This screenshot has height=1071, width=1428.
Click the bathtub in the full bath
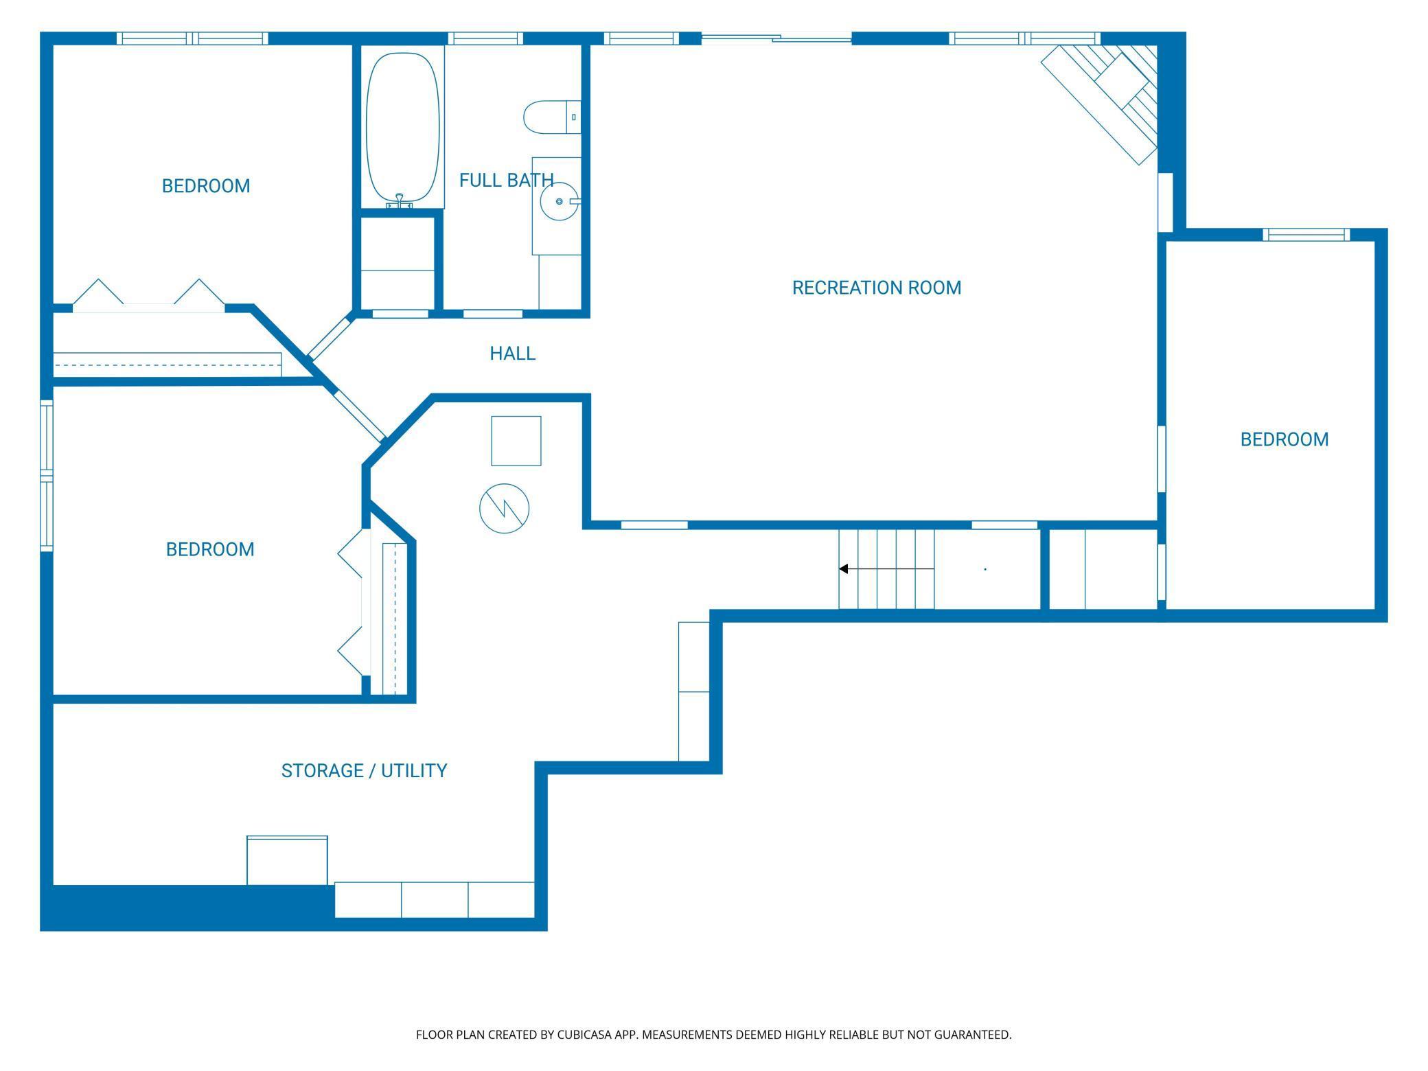402,126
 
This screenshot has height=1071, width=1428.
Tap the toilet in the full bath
552,117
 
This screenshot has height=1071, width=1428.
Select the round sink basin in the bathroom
559,201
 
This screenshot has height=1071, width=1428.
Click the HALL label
512,354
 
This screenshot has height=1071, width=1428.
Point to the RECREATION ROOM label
877,288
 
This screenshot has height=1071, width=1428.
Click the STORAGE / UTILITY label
364,771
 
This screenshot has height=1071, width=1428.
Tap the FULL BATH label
507,181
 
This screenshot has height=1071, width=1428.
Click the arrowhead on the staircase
844,569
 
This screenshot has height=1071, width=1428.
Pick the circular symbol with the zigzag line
505,509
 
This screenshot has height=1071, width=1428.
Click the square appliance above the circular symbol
516,441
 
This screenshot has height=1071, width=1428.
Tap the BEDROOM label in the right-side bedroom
1285,439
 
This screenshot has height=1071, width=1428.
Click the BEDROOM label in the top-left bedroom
206,186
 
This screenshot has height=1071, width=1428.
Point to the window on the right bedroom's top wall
1306,235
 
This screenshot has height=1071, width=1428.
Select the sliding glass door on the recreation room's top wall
776,39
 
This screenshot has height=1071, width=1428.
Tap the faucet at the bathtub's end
400,200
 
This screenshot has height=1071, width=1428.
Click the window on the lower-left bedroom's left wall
47,476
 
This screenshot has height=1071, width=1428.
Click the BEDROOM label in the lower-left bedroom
210,549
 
